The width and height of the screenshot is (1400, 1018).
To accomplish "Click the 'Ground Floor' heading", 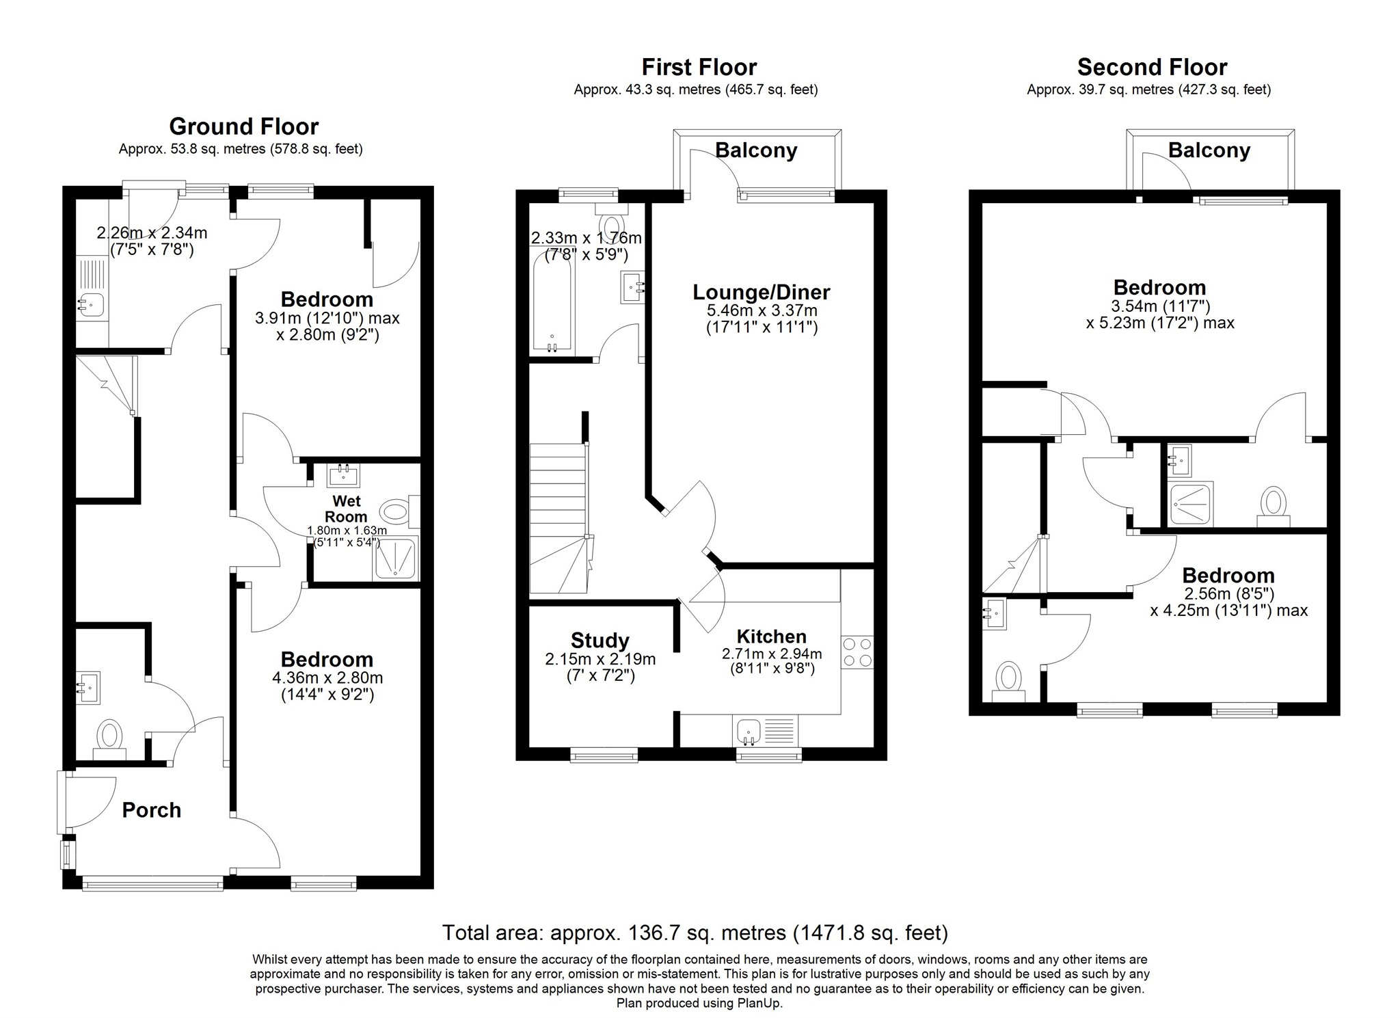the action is pyautogui.click(x=244, y=126).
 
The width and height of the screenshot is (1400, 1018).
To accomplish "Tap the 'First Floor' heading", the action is pyautogui.click(x=699, y=67).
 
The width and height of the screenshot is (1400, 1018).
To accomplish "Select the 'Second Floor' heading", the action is pyautogui.click(x=1152, y=67).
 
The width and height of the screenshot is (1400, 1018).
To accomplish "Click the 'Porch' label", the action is pyautogui.click(x=152, y=810).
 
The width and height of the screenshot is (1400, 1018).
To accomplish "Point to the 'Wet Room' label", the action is pyautogui.click(x=346, y=509).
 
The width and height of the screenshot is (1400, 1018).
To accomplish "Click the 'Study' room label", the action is pyautogui.click(x=600, y=641).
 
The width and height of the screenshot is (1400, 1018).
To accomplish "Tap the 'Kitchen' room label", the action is pyautogui.click(x=772, y=637).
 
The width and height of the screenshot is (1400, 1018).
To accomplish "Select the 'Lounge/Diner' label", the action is pyautogui.click(x=762, y=292).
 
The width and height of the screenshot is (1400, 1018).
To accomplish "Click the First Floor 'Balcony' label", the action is pyautogui.click(x=756, y=150).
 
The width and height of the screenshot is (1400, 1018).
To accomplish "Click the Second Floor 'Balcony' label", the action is pyautogui.click(x=1209, y=150).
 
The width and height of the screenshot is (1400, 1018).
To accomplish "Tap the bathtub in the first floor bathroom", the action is pyautogui.click(x=552, y=304).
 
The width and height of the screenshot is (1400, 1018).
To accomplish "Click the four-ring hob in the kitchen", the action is pyautogui.click(x=857, y=652).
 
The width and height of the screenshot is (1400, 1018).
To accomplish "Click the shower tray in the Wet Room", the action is pyautogui.click(x=395, y=559).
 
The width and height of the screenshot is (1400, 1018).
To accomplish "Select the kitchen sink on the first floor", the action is pyautogui.click(x=765, y=732).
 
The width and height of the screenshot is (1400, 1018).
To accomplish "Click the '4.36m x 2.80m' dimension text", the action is pyautogui.click(x=327, y=678).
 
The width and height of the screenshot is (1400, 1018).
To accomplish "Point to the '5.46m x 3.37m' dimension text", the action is pyautogui.click(x=762, y=310).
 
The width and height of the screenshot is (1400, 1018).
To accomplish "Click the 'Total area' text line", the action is pyautogui.click(x=695, y=933).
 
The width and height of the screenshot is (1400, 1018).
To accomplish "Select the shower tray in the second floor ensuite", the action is pyautogui.click(x=1191, y=505).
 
